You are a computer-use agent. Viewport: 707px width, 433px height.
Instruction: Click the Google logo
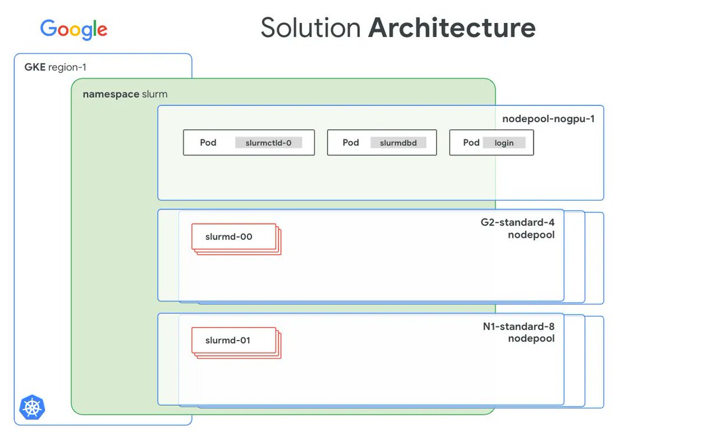pos(74,29)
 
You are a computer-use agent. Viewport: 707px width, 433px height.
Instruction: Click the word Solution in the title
pos(310,28)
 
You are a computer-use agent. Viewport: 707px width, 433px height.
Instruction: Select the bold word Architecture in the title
pos(452,28)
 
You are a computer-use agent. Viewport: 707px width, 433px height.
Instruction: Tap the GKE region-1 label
pos(55,67)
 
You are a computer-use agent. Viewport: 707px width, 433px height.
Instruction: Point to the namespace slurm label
pos(125,94)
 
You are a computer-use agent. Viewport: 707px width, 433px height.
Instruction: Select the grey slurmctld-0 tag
pos(269,143)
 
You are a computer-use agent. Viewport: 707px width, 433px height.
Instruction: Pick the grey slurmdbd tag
pos(398,143)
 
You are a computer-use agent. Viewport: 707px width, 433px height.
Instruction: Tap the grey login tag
pos(504,143)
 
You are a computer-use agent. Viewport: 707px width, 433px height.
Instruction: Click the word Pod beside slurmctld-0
pos(208,142)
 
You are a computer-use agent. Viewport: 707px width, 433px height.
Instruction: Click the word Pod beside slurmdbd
pos(351,142)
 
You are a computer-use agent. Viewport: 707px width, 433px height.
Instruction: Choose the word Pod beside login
pos(471,142)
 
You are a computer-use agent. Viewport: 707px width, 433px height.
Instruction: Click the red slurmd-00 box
pos(234,237)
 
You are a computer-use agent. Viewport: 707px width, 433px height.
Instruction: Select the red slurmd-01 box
pos(234,341)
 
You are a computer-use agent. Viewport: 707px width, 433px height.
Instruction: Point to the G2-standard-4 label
pos(518,223)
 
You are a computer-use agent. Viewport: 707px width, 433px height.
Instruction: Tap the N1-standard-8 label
pos(518,327)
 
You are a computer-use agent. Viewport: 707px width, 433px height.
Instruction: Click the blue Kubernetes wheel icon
pos(32,407)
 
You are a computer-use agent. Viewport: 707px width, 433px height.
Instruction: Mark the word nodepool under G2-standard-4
pos(531,235)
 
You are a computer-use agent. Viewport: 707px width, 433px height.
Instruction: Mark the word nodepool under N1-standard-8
pos(531,338)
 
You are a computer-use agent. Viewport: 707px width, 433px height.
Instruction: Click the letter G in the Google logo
pos(48,28)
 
